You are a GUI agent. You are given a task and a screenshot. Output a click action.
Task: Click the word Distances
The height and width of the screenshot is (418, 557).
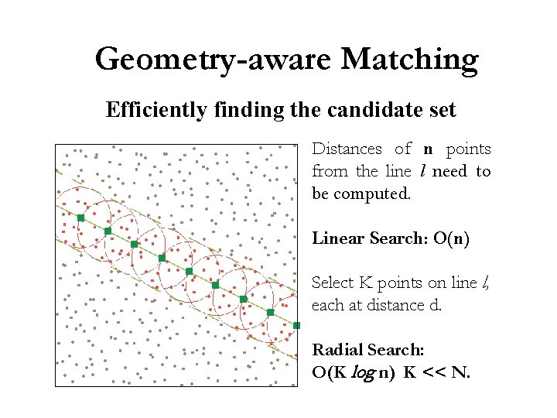point(347,149)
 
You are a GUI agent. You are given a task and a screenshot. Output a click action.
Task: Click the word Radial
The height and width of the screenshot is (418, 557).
point(336,350)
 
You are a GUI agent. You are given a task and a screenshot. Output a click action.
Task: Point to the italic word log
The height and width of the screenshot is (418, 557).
point(363,372)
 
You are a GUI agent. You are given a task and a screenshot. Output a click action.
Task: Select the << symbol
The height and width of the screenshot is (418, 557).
point(434,372)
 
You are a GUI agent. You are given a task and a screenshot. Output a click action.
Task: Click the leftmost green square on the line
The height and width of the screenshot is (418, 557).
point(80,218)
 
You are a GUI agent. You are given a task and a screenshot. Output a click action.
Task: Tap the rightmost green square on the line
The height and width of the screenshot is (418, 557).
point(297,326)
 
